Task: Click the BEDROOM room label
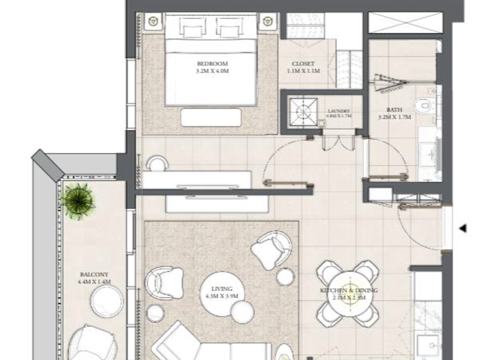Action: tap(212, 64)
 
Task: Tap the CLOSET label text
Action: tap(303, 64)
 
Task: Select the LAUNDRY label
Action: tap(338, 111)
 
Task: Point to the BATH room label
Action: tap(394, 110)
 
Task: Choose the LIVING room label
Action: tap(221, 289)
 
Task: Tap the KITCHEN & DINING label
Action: tap(349, 291)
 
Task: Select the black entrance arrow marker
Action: tap(461, 228)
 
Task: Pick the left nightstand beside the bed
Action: tap(154, 22)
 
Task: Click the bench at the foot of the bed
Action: tap(211, 117)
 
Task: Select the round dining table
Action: tap(349, 292)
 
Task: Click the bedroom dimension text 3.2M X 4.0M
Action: tap(212, 71)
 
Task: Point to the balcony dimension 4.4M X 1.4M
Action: tap(95, 282)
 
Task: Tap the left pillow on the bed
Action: tap(191, 28)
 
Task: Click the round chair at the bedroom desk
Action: tap(156, 163)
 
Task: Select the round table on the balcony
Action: tap(107, 301)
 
